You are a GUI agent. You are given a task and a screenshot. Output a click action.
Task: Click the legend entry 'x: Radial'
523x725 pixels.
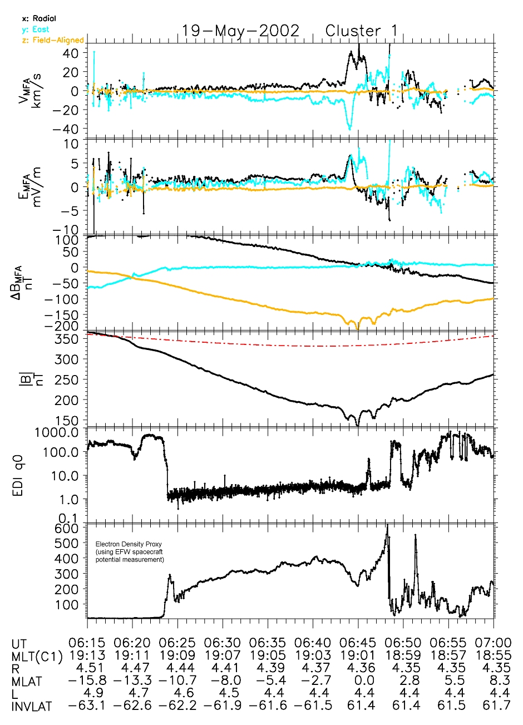point(39,18)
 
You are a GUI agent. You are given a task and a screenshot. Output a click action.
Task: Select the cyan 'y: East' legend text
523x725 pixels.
point(36,29)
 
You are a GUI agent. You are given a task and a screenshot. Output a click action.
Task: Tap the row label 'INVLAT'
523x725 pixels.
point(32,707)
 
